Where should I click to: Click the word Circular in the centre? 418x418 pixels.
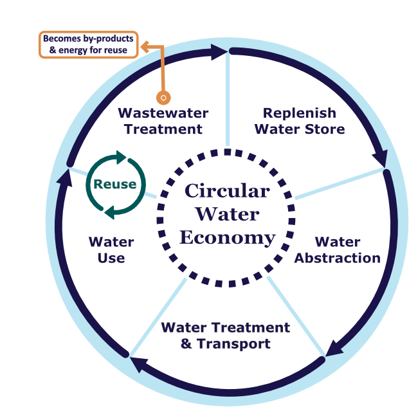point(227,191)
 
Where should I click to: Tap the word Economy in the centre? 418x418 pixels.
point(227,237)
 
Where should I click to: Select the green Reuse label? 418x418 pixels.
point(115,184)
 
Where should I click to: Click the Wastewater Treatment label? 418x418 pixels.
point(163,121)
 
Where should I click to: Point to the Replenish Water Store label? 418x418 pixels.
point(300,121)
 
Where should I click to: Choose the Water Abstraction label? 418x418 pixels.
point(338,250)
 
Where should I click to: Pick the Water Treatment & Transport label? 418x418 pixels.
point(226,335)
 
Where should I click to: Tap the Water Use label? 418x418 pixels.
point(111,250)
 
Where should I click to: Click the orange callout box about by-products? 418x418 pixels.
point(88,44)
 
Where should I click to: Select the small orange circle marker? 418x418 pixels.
point(164,98)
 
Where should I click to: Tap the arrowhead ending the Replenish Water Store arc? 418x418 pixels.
point(380,158)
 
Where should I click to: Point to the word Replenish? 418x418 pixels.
point(300,113)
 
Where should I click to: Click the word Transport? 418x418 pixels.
point(235,343)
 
